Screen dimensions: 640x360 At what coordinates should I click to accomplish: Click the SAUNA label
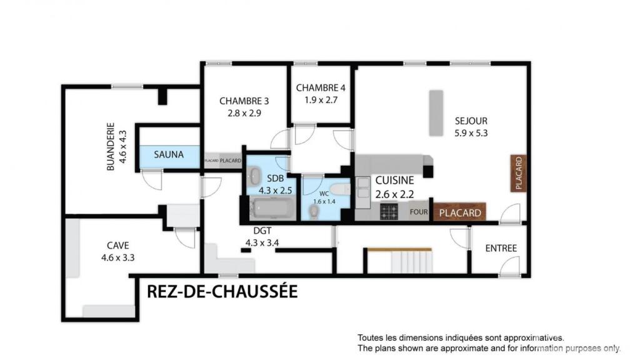coord(169,155)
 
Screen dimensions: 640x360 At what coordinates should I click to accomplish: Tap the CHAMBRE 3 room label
coord(244,101)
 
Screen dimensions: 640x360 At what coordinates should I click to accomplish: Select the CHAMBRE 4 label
coord(321,87)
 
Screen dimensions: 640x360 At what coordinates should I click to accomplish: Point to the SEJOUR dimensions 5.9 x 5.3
coord(471,133)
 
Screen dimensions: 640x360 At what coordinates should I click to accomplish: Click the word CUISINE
coord(395,180)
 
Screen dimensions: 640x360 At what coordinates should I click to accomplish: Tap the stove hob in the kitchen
coord(389,211)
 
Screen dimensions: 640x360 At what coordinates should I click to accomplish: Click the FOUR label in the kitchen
coord(419,212)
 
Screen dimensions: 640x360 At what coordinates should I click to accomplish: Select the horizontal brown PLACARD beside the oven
coord(459,212)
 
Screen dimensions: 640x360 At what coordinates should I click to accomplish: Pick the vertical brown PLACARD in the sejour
coord(518,173)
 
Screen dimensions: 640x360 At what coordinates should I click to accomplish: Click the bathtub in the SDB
coord(272,207)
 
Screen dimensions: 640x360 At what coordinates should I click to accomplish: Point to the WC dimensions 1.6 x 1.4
coord(324,202)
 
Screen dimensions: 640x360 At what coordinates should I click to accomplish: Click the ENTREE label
coord(501,248)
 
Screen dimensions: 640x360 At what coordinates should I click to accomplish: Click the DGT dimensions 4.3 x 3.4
coord(262,243)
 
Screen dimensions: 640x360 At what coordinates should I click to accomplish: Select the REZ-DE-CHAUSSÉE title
coord(222,292)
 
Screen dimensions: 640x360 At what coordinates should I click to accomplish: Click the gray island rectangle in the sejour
coord(436,113)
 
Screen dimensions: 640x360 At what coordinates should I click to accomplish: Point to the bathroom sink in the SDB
coord(255,176)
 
